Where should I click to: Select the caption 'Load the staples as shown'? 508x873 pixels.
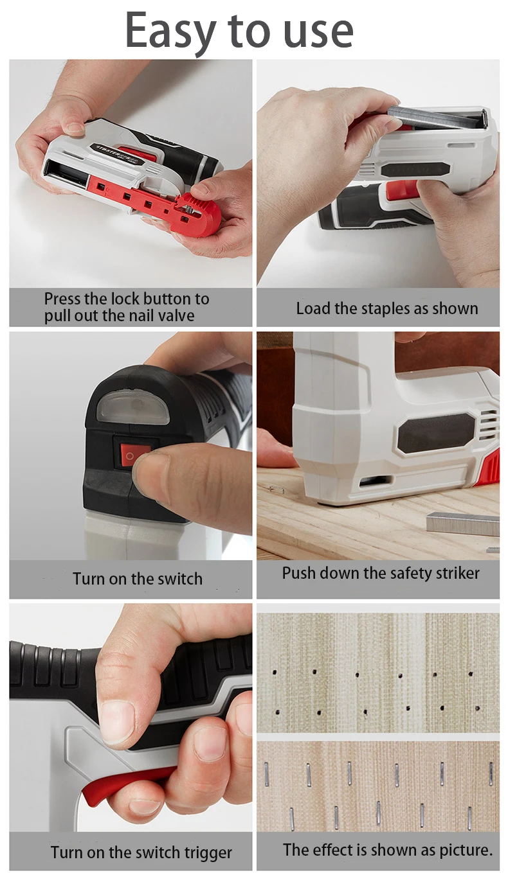pyautogui.click(x=386, y=308)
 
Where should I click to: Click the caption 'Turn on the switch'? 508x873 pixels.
pyautogui.click(x=137, y=579)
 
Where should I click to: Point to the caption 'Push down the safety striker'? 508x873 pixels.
pyautogui.click(x=381, y=573)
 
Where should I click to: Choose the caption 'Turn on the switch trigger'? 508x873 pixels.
pyautogui.click(x=141, y=853)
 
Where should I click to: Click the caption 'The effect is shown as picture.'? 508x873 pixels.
pyautogui.click(x=387, y=850)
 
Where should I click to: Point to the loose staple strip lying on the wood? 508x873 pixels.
pyautogui.click(x=462, y=524)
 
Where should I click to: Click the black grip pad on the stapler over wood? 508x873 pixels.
pyautogui.click(x=435, y=432)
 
